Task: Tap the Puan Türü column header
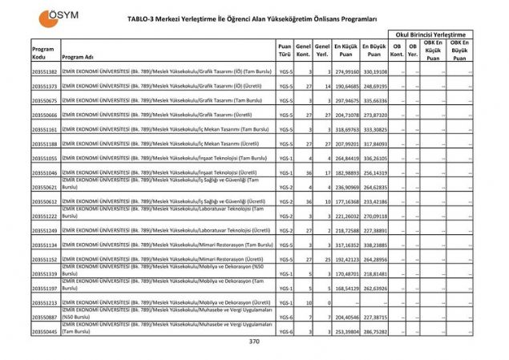[x=285, y=51]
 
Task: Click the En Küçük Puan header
[x=345, y=51]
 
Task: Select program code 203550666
[x=44, y=115]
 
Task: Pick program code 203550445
[x=44, y=331]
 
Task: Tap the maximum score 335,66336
[x=374, y=101]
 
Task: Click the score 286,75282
[x=374, y=331]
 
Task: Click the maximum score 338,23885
[x=374, y=245]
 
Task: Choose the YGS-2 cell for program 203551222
[x=285, y=216]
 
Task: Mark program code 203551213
[x=44, y=302]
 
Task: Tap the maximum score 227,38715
[x=374, y=317]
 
